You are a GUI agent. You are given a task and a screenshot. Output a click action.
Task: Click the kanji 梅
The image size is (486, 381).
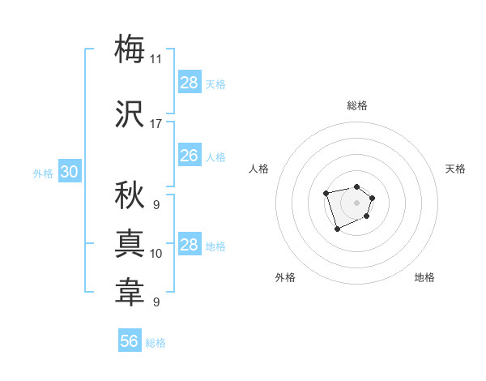130,49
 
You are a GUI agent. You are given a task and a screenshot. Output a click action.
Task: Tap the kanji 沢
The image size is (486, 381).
130,115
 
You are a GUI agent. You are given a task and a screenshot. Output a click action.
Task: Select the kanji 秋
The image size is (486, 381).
130,195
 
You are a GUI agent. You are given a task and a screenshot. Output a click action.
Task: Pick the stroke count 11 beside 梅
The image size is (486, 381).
156,59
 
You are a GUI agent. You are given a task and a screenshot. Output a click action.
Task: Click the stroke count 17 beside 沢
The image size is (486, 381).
156,124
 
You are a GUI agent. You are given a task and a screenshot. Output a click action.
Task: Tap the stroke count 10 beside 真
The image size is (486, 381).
156,254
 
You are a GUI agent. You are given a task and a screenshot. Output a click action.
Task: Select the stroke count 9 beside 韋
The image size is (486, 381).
156,302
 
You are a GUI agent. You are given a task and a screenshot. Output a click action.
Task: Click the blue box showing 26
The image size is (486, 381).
189,156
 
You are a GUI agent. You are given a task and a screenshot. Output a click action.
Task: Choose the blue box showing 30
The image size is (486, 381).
69,172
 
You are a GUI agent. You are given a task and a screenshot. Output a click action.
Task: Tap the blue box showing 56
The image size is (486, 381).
130,341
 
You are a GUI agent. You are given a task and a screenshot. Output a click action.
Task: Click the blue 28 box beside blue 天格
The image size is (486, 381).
189,83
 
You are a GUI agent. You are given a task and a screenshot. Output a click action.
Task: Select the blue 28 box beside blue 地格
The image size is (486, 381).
189,245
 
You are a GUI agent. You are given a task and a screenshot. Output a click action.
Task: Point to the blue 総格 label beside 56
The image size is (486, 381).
156,343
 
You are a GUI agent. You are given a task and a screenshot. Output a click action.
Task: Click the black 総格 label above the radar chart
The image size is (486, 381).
356,105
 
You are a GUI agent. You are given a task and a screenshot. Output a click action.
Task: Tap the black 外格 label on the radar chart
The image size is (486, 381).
285,277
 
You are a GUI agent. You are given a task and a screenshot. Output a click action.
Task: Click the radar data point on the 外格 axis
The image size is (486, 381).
337,229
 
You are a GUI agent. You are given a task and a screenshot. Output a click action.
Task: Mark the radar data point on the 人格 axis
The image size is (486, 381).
326,193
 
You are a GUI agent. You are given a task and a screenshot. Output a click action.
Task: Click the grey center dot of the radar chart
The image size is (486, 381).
356,203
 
